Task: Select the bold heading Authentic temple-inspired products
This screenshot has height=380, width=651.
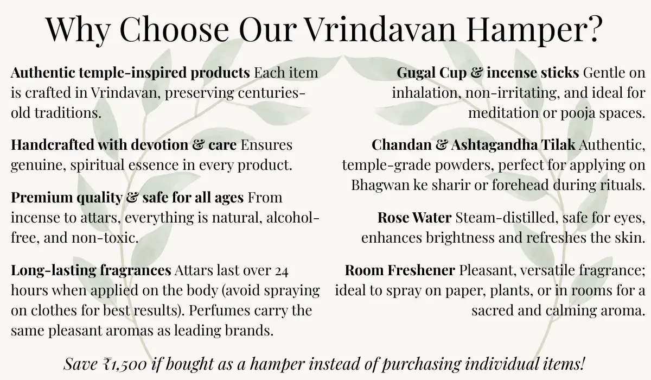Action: click(x=130, y=72)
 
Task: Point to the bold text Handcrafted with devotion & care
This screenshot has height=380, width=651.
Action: click(x=124, y=145)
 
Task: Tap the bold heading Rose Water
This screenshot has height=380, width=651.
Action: click(x=414, y=218)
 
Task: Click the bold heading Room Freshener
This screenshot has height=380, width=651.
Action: click(x=400, y=270)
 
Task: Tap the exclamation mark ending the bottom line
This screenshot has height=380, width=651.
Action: click(x=584, y=363)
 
